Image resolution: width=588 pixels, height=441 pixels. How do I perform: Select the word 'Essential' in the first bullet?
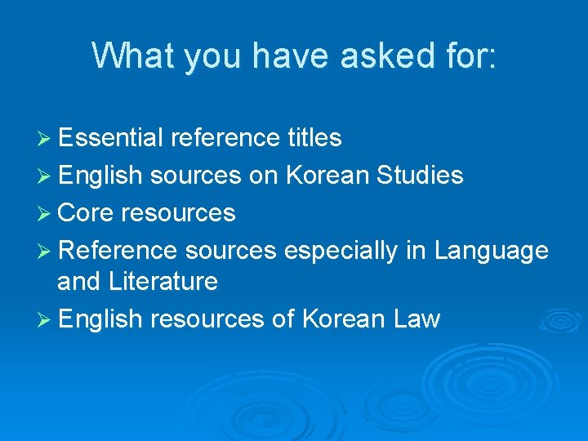[x=111, y=138]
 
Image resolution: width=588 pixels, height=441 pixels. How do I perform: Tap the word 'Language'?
[x=492, y=251]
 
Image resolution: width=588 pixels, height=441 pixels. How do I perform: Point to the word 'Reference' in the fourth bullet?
[x=118, y=251]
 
